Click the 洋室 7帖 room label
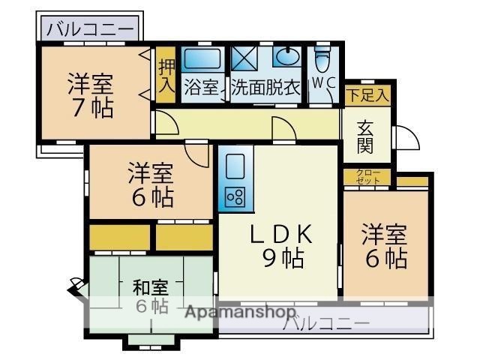pos(91,96)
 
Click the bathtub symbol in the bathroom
pos(201,59)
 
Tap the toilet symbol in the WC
pos(322,58)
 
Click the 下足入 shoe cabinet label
pos(367,95)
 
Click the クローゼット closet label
pos(367,178)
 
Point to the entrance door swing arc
pos(407,137)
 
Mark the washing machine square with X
pos(244,58)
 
